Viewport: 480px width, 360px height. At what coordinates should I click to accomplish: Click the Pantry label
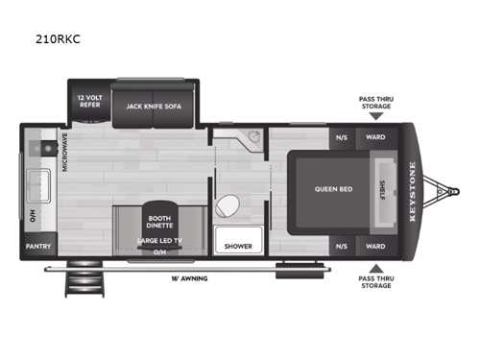(x=39, y=246)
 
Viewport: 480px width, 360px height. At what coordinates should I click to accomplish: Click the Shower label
(x=238, y=246)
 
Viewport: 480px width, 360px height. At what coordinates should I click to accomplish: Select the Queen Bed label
(x=333, y=189)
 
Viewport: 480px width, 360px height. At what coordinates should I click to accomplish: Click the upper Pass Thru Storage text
(x=375, y=103)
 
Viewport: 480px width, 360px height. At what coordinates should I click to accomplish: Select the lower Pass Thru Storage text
(x=375, y=283)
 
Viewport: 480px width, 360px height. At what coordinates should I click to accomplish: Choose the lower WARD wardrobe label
(x=374, y=246)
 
